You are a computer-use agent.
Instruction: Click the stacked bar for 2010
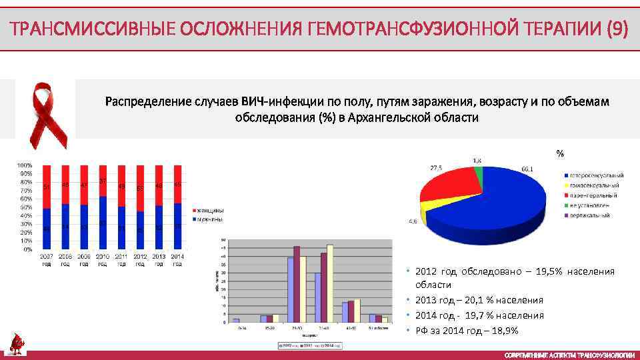tap(102, 207)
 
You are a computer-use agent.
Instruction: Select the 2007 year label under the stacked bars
tap(47, 259)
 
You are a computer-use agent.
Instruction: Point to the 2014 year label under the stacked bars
tap(177, 259)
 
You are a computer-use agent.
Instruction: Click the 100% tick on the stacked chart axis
tap(25, 165)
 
